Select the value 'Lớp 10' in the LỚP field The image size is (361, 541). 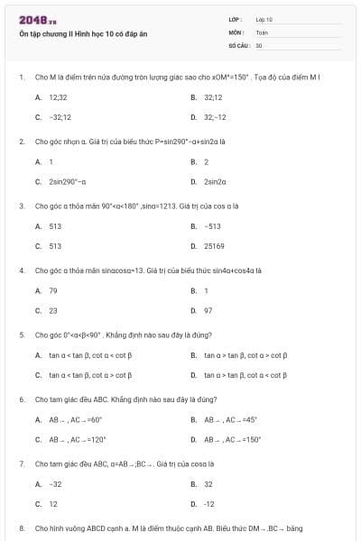pos(264,19)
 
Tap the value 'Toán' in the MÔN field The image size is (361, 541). pos(262,32)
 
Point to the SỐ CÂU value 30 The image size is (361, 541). pos(259,44)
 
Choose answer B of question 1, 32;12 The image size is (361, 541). pos(213,96)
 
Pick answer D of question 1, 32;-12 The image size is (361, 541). pos(215,117)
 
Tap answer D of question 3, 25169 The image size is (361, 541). pos(214,246)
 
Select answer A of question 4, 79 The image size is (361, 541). pos(53,290)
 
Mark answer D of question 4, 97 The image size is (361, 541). pos(208,311)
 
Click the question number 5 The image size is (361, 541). pos(21,335)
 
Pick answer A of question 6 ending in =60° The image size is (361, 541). pos(75,419)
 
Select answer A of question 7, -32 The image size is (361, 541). pos(55,484)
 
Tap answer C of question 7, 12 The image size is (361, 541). pos(53,505)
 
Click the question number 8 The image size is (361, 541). pos(21,527)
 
